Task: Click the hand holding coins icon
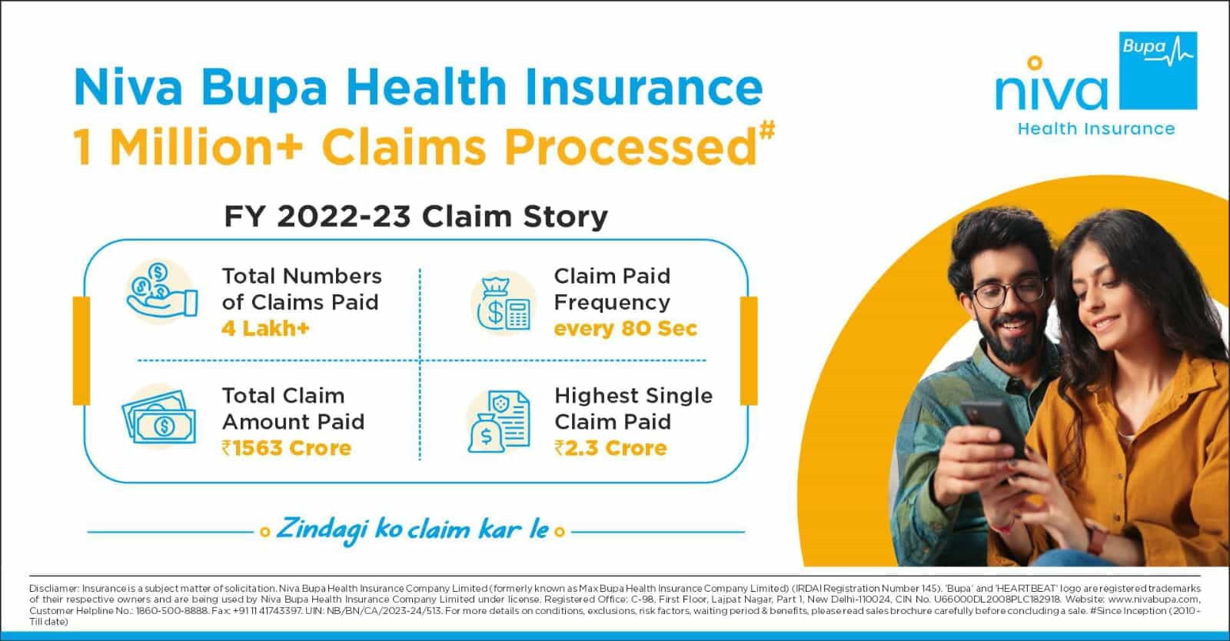tap(161, 291)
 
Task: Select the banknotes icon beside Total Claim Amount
tap(159, 417)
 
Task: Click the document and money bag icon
tap(499, 421)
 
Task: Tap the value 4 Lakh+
tap(266, 328)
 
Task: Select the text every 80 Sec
tap(626, 328)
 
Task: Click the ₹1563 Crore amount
tap(286, 448)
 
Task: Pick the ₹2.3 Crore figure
tap(610, 448)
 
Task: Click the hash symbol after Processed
tap(767, 131)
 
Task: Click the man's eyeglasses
tap(1009, 293)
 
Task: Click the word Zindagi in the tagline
tap(319, 530)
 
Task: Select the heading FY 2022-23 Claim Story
tap(416, 216)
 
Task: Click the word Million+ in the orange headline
tap(207, 147)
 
